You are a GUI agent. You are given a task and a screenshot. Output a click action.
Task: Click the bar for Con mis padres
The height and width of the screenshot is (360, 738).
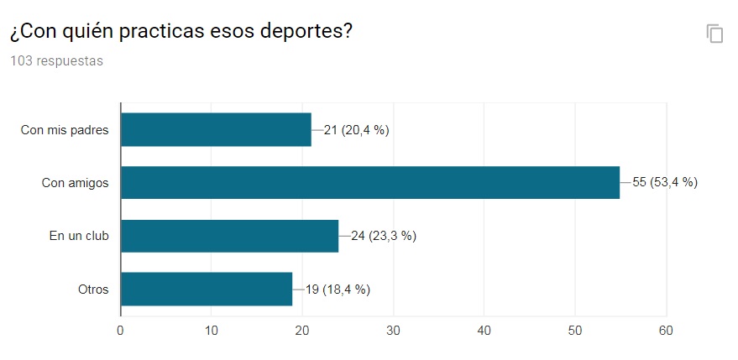[216, 129]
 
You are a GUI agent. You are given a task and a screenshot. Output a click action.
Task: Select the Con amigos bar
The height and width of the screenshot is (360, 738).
[370, 182]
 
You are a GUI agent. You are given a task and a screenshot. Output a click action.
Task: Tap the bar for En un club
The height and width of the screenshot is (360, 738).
[229, 236]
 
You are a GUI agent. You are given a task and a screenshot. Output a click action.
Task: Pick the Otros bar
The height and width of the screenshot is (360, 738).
[207, 290]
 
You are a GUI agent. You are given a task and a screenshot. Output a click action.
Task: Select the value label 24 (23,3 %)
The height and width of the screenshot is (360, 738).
[384, 236]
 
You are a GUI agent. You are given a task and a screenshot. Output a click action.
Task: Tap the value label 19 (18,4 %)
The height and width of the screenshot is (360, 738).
[338, 290]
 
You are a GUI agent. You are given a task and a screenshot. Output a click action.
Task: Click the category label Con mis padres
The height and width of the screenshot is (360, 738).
[65, 130]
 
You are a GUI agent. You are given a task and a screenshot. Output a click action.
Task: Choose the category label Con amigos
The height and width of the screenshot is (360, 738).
[75, 183]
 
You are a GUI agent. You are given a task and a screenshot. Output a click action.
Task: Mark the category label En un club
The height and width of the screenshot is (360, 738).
[79, 236]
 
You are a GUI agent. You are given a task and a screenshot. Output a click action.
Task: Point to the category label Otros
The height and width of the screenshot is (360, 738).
[93, 290]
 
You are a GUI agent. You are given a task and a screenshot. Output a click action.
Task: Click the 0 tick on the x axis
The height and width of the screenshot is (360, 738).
[121, 330]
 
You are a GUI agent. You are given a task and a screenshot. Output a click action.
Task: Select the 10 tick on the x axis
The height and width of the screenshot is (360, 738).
[212, 330]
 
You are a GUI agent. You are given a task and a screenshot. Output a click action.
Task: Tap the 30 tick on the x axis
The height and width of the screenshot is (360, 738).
[393, 330]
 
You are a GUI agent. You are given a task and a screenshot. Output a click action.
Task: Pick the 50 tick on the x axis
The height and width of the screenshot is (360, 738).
[575, 330]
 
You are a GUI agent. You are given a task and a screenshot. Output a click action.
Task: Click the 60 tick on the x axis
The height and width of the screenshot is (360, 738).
[666, 330]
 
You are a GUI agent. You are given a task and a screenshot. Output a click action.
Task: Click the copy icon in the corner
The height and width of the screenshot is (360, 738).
[714, 34]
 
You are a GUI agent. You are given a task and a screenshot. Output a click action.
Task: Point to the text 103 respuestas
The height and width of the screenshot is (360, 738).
[56, 61]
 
